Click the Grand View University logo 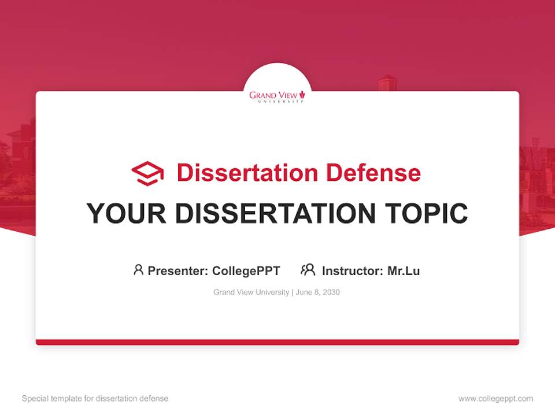277,96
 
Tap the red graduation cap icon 147,173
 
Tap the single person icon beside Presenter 138,270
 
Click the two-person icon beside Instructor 308,270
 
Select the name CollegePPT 246,270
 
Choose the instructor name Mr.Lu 404,270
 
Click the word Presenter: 178,270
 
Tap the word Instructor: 353,270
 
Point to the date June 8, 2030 317,292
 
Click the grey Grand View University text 251,292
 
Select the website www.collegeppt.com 495,399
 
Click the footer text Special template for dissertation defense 95,399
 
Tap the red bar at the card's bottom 277,342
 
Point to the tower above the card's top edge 388,83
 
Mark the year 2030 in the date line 331,292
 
